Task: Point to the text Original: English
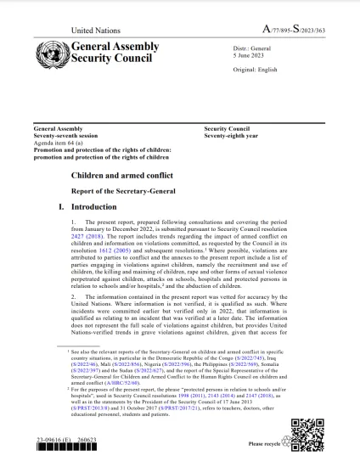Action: (256, 70)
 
